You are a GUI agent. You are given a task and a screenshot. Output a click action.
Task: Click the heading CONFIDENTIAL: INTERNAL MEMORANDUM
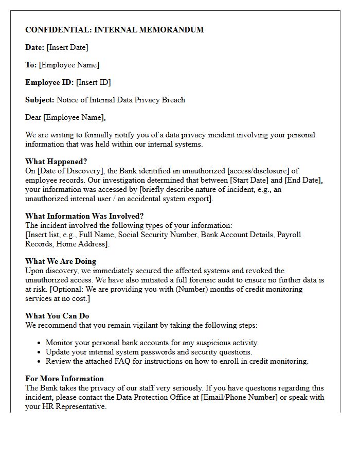[114, 30]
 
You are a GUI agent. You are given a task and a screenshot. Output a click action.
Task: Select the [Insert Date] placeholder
[67, 47]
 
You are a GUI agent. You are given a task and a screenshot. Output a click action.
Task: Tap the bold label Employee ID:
[50, 82]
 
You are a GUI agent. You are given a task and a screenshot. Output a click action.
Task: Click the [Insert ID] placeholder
[94, 82]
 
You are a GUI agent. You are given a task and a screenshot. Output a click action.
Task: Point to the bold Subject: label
[40, 100]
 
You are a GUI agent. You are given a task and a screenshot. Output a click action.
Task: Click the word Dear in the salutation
[33, 117]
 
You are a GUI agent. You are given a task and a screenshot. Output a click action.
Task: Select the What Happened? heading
[56, 162]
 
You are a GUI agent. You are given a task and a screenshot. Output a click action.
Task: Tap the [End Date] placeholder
[303, 180]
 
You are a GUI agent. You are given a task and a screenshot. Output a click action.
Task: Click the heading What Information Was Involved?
[84, 216]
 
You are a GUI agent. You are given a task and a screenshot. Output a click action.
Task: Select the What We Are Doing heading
[61, 261]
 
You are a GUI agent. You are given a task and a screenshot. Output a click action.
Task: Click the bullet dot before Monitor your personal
[40, 343]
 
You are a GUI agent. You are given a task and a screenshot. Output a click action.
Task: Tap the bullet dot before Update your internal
[40, 352]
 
